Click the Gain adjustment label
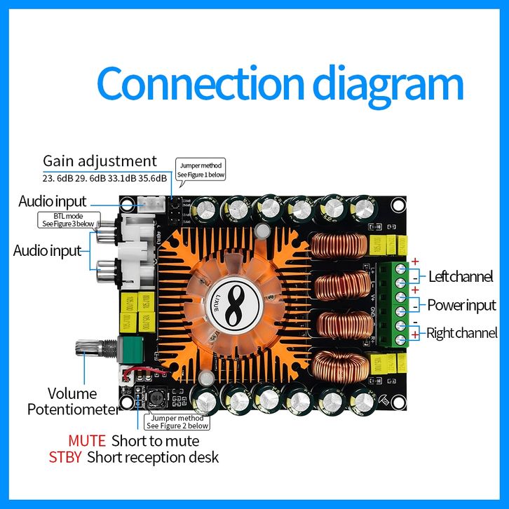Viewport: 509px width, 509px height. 100,161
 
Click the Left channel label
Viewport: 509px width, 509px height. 460,276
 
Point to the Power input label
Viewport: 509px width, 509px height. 461,305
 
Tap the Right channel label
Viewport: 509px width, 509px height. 461,333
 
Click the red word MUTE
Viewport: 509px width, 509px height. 87,441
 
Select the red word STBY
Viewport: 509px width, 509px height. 65,458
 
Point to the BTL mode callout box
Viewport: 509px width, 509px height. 67,219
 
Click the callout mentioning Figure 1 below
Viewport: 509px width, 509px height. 201,170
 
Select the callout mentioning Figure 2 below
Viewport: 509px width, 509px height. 177,421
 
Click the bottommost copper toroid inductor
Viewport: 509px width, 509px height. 339,367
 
